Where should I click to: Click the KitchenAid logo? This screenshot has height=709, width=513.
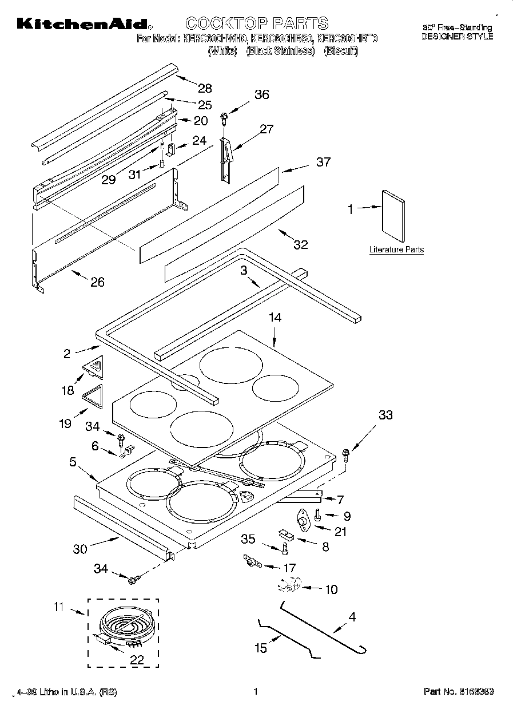click(83, 24)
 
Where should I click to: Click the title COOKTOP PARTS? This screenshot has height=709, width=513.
click(257, 23)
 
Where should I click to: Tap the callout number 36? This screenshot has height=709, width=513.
click(261, 95)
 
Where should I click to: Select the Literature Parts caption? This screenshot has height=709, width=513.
click(396, 249)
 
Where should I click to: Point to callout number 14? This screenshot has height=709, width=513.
click(275, 318)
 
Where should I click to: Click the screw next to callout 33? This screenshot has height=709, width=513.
click(345, 454)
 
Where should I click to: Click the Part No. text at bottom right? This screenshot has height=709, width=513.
click(458, 692)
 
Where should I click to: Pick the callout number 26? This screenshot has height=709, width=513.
click(98, 282)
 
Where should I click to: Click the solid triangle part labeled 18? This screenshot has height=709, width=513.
click(96, 367)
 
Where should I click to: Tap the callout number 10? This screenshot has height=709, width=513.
click(331, 589)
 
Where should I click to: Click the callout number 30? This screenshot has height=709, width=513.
click(80, 549)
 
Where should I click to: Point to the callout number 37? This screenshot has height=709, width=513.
click(323, 163)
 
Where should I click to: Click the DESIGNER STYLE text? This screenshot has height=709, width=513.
click(457, 36)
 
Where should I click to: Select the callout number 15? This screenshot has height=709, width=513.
click(260, 648)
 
